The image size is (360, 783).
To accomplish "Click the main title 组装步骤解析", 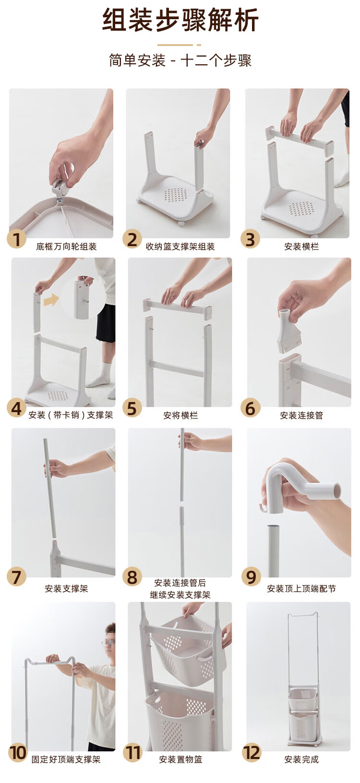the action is tap(180, 20).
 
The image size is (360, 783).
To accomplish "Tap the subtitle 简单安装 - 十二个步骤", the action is tap(180, 60).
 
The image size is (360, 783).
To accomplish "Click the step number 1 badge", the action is tap(16, 239).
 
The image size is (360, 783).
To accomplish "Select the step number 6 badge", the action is tap(250, 408).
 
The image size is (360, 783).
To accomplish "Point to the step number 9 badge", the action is tap(251, 577).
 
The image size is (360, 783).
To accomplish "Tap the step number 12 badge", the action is tap(252, 753).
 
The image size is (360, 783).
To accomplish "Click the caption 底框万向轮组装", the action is tap(66, 247).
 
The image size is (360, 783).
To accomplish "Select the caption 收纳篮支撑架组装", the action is tap(180, 247).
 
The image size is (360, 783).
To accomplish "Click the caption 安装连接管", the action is tap(301, 415).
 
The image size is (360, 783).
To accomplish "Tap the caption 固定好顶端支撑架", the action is tap(66, 759).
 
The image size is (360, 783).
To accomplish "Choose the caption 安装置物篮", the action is tap(180, 759).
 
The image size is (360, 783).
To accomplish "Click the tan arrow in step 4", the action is tap(51, 300).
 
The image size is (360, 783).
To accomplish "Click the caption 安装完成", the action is tap(301, 759).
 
